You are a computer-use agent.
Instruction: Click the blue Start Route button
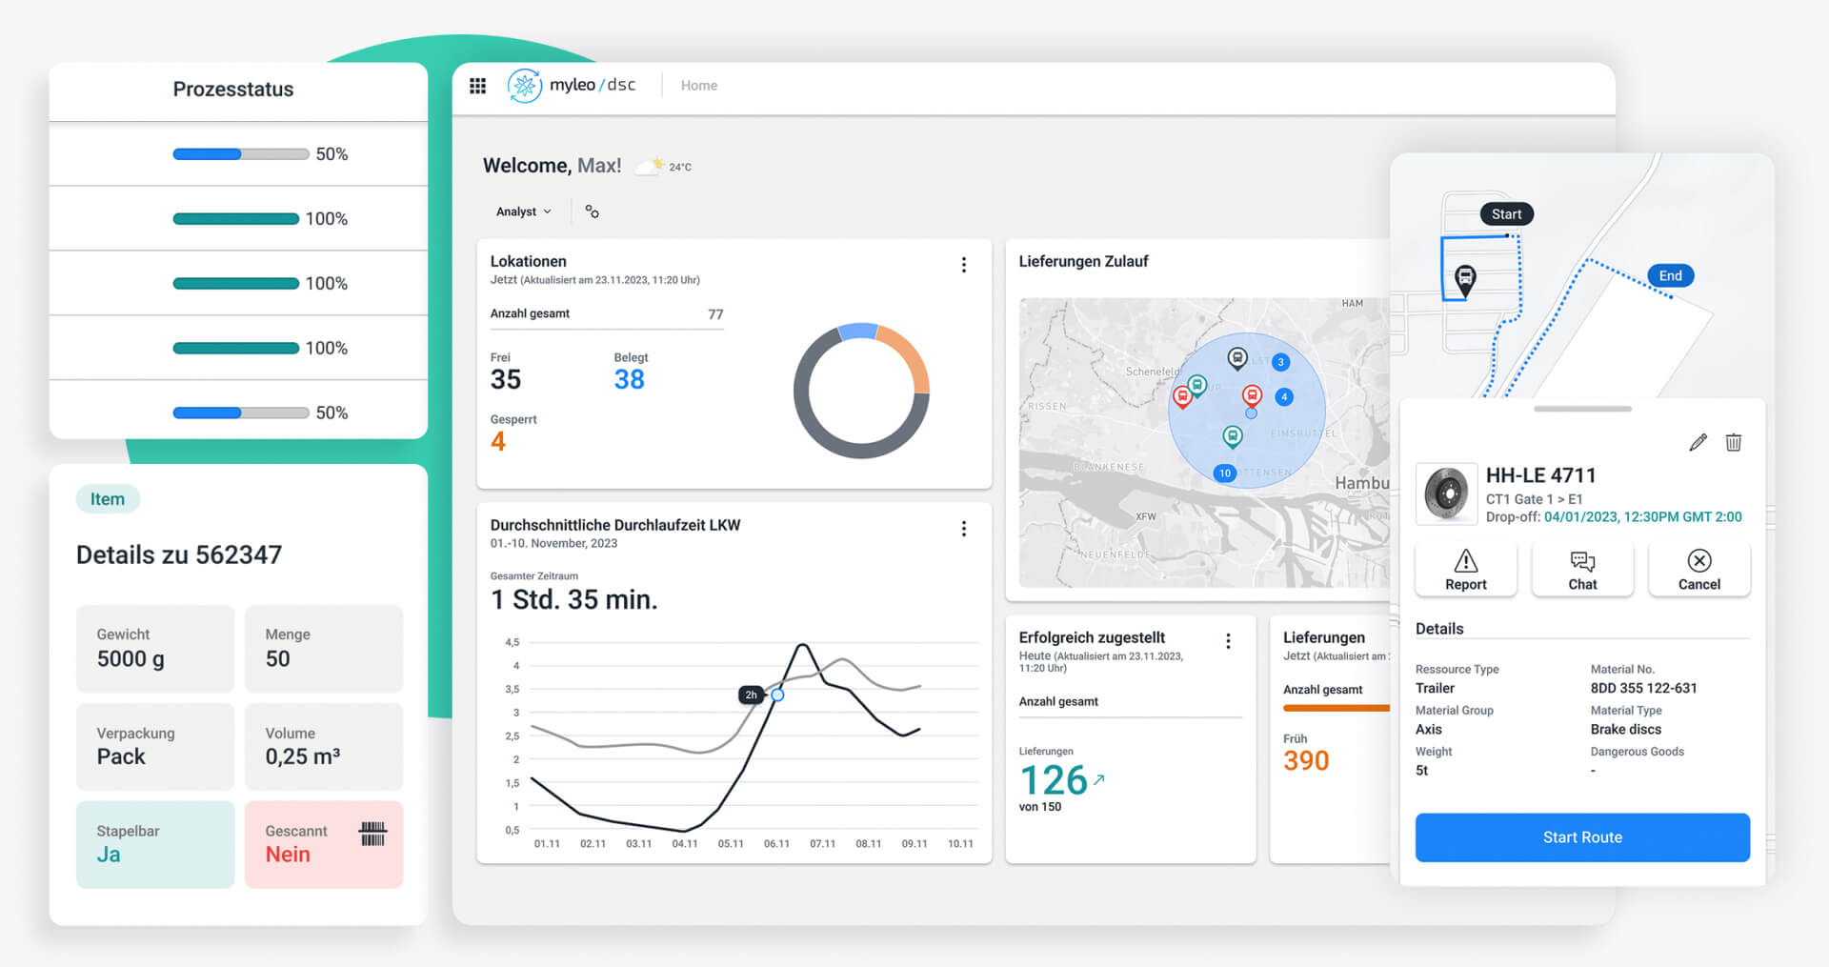1581,837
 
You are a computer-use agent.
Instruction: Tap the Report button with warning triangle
1465,570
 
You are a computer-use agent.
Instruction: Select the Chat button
1582,570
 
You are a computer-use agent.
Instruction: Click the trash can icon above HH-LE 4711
1734,442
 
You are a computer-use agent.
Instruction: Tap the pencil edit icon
1698,442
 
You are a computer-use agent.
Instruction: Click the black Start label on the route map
1506,214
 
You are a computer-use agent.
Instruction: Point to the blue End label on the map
1670,276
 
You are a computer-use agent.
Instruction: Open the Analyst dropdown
523,212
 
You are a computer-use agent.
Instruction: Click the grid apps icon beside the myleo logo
478,86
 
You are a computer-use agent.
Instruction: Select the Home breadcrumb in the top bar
698,86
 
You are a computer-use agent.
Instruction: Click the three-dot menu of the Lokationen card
964,265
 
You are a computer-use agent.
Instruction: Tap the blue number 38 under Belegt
629,380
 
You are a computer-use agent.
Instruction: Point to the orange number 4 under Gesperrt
498,442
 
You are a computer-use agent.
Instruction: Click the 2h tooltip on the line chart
751,695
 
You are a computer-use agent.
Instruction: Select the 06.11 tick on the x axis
776,844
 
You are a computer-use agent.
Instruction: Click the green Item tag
108,499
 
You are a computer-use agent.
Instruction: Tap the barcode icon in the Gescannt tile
372,834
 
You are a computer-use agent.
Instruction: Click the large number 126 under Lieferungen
1054,780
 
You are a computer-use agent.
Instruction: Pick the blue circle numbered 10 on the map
1224,473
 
